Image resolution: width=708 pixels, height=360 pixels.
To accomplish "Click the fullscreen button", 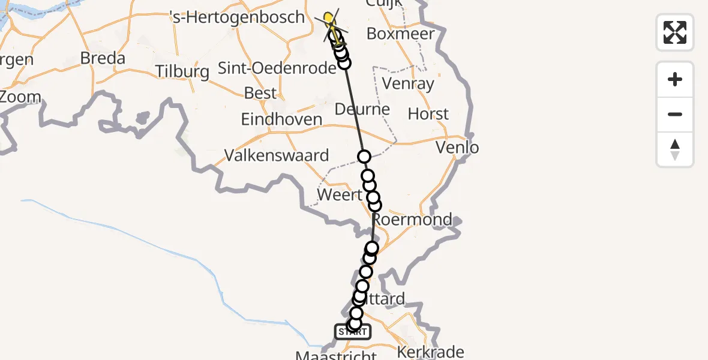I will (x=675, y=32).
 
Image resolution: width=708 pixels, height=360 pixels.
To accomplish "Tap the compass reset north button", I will (x=675, y=149).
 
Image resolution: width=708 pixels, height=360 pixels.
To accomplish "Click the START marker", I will (x=353, y=331).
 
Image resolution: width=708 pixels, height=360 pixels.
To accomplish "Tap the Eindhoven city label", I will (x=281, y=119).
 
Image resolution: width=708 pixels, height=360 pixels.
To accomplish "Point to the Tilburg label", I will (x=182, y=72).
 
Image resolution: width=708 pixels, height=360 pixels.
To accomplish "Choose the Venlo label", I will (x=458, y=147).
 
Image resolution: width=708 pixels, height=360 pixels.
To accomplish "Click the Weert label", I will (x=340, y=195).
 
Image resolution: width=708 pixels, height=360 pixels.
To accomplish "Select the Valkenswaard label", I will (x=277, y=156).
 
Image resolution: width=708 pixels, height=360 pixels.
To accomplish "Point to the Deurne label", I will (x=362, y=110).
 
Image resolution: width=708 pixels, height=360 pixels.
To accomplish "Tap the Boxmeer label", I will (x=400, y=34).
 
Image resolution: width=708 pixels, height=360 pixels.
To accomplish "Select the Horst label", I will (x=428, y=114).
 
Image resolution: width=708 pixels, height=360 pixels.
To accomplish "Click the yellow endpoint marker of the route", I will (x=329, y=18).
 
